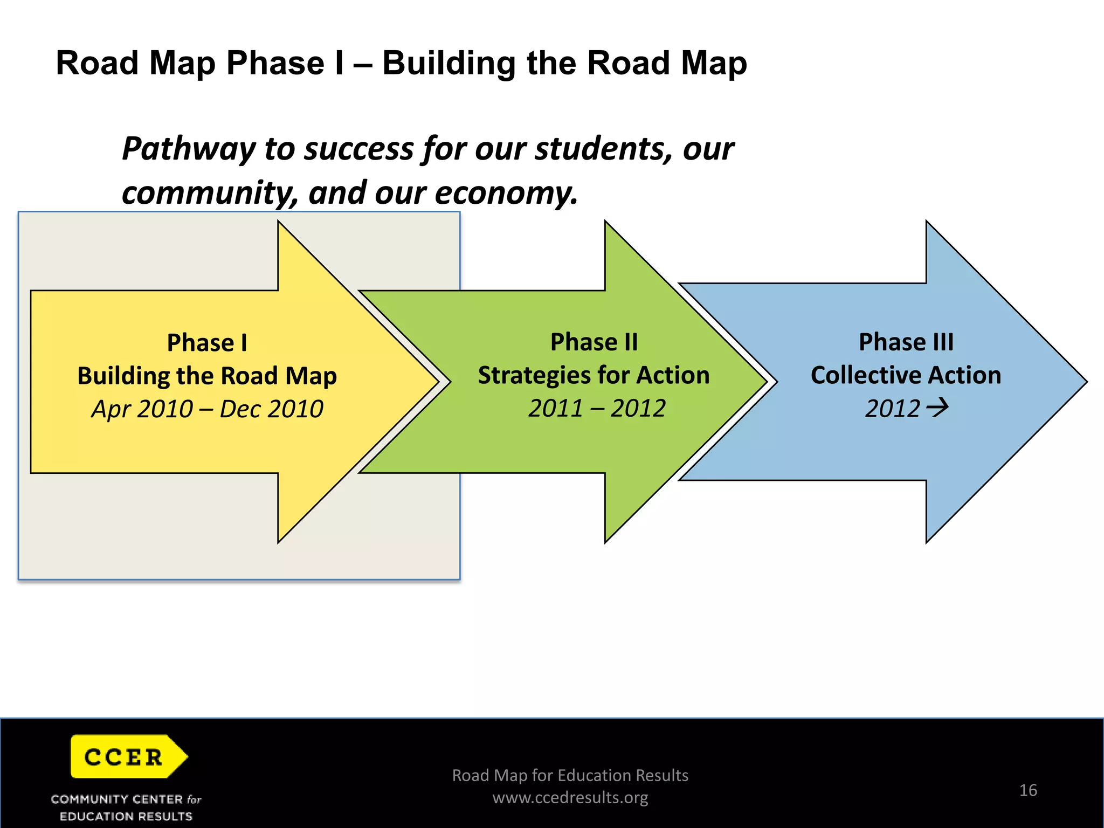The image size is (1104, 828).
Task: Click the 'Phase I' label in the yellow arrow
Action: tap(207, 343)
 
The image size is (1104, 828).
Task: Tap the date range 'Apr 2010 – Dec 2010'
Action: tap(207, 409)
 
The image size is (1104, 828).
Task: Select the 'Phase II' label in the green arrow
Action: tap(594, 342)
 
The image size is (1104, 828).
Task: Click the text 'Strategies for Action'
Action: tap(594, 375)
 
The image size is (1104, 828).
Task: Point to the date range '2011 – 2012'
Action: tap(596, 408)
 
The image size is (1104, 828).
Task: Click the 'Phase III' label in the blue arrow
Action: tap(906, 342)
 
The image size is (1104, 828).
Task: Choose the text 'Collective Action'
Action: tap(906, 375)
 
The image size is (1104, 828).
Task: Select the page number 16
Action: tap(1028, 790)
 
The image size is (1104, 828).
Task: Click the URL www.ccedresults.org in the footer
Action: tap(570, 797)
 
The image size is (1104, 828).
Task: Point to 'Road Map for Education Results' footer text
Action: tap(570, 775)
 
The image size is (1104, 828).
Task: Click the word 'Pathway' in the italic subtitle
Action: tap(188, 149)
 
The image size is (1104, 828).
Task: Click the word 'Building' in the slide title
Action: tap(448, 64)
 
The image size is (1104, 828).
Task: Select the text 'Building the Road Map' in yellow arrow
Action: tap(207, 376)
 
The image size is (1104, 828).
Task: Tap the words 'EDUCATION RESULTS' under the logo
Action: tap(126, 816)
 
